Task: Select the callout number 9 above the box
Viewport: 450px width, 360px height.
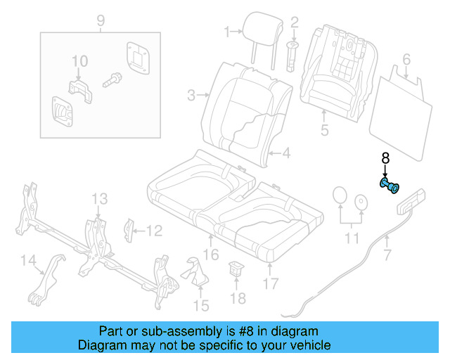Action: click(100, 20)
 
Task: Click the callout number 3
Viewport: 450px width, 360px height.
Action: click(191, 94)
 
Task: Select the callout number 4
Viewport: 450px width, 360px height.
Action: click(286, 152)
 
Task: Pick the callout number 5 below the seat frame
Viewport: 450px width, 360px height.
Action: click(324, 130)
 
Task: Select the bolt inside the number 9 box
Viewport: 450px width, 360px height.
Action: click(112, 82)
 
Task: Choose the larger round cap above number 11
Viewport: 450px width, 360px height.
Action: click(339, 197)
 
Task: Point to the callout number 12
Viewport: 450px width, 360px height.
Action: click(154, 230)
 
